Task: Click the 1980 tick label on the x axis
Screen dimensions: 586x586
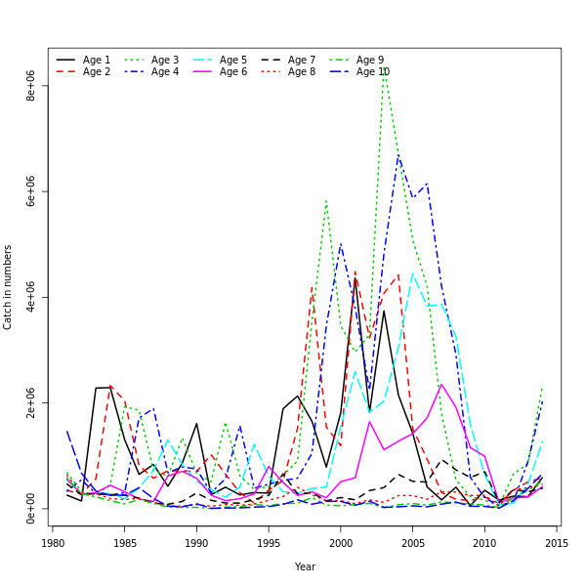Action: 53,543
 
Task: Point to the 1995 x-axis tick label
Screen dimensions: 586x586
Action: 269,543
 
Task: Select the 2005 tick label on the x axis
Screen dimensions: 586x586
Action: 412,543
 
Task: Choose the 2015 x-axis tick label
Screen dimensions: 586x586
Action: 556,543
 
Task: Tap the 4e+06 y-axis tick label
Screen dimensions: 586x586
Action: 31,297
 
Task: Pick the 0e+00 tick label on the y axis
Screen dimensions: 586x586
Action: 31,508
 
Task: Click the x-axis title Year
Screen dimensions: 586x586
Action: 305,566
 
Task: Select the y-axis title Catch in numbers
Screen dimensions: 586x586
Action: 9,286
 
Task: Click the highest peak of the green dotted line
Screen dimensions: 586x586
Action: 385,68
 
